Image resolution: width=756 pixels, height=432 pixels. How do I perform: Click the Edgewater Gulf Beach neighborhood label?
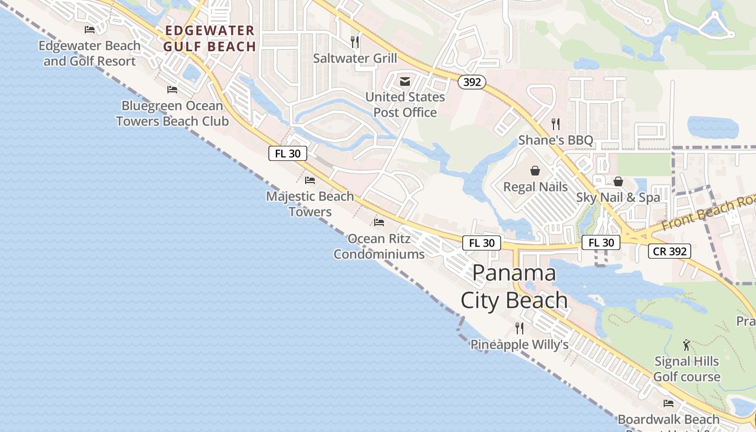(210, 38)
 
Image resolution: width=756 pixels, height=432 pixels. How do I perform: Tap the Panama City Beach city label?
(514, 287)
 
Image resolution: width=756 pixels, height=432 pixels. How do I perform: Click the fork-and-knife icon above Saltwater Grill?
(355, 42)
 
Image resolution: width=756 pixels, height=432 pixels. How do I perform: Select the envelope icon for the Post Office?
(405, 82)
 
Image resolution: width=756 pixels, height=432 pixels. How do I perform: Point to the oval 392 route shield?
(472, 82)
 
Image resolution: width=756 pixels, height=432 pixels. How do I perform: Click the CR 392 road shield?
(670, 251)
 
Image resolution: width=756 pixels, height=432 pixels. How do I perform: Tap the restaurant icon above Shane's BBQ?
(556, 124)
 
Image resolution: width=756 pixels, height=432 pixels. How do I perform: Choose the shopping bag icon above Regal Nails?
(535, 171)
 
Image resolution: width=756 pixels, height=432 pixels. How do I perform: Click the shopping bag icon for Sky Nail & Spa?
(618, 181)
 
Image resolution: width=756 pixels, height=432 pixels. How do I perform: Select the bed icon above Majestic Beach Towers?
(310, 180)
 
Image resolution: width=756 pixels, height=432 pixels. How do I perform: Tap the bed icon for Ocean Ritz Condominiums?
(379, 222)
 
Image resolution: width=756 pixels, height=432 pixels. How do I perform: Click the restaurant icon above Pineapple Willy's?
(519, 328)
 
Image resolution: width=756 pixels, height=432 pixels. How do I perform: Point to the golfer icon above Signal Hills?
(686, 345)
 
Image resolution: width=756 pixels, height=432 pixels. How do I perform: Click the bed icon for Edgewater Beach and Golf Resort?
(90, 29)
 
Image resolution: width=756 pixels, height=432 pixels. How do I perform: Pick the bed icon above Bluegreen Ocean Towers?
(172, 90)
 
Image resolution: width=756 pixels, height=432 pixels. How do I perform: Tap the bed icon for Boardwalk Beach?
(669, 403)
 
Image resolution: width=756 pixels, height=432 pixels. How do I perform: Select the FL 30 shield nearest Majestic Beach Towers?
(288, 153)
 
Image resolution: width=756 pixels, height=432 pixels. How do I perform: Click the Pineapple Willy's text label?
(519, 344)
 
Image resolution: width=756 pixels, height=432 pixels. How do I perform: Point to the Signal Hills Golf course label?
(687, 369)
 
